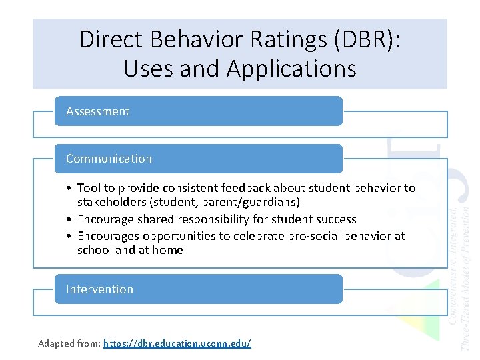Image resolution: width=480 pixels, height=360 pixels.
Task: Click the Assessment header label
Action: point(97,111)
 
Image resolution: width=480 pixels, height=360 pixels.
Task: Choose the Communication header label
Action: point(109,159)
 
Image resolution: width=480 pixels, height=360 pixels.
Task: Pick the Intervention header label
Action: point(99,289)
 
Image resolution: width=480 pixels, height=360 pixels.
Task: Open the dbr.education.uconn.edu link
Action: point(177,343)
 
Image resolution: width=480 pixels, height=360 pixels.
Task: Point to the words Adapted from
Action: point(69,343)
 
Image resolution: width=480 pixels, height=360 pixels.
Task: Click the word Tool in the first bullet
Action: point(89,188)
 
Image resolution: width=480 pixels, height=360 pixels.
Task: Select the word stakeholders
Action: point(111,202)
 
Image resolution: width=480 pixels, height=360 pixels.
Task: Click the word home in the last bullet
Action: point(169,250)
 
